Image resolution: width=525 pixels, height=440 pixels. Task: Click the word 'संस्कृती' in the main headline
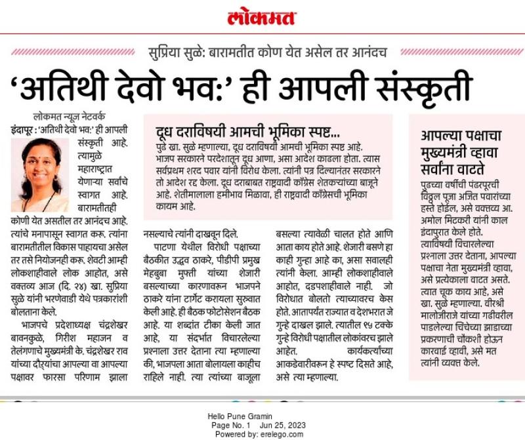click(x=414, y=88)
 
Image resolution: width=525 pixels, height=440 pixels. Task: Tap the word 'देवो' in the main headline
click(x=150, y=88)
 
